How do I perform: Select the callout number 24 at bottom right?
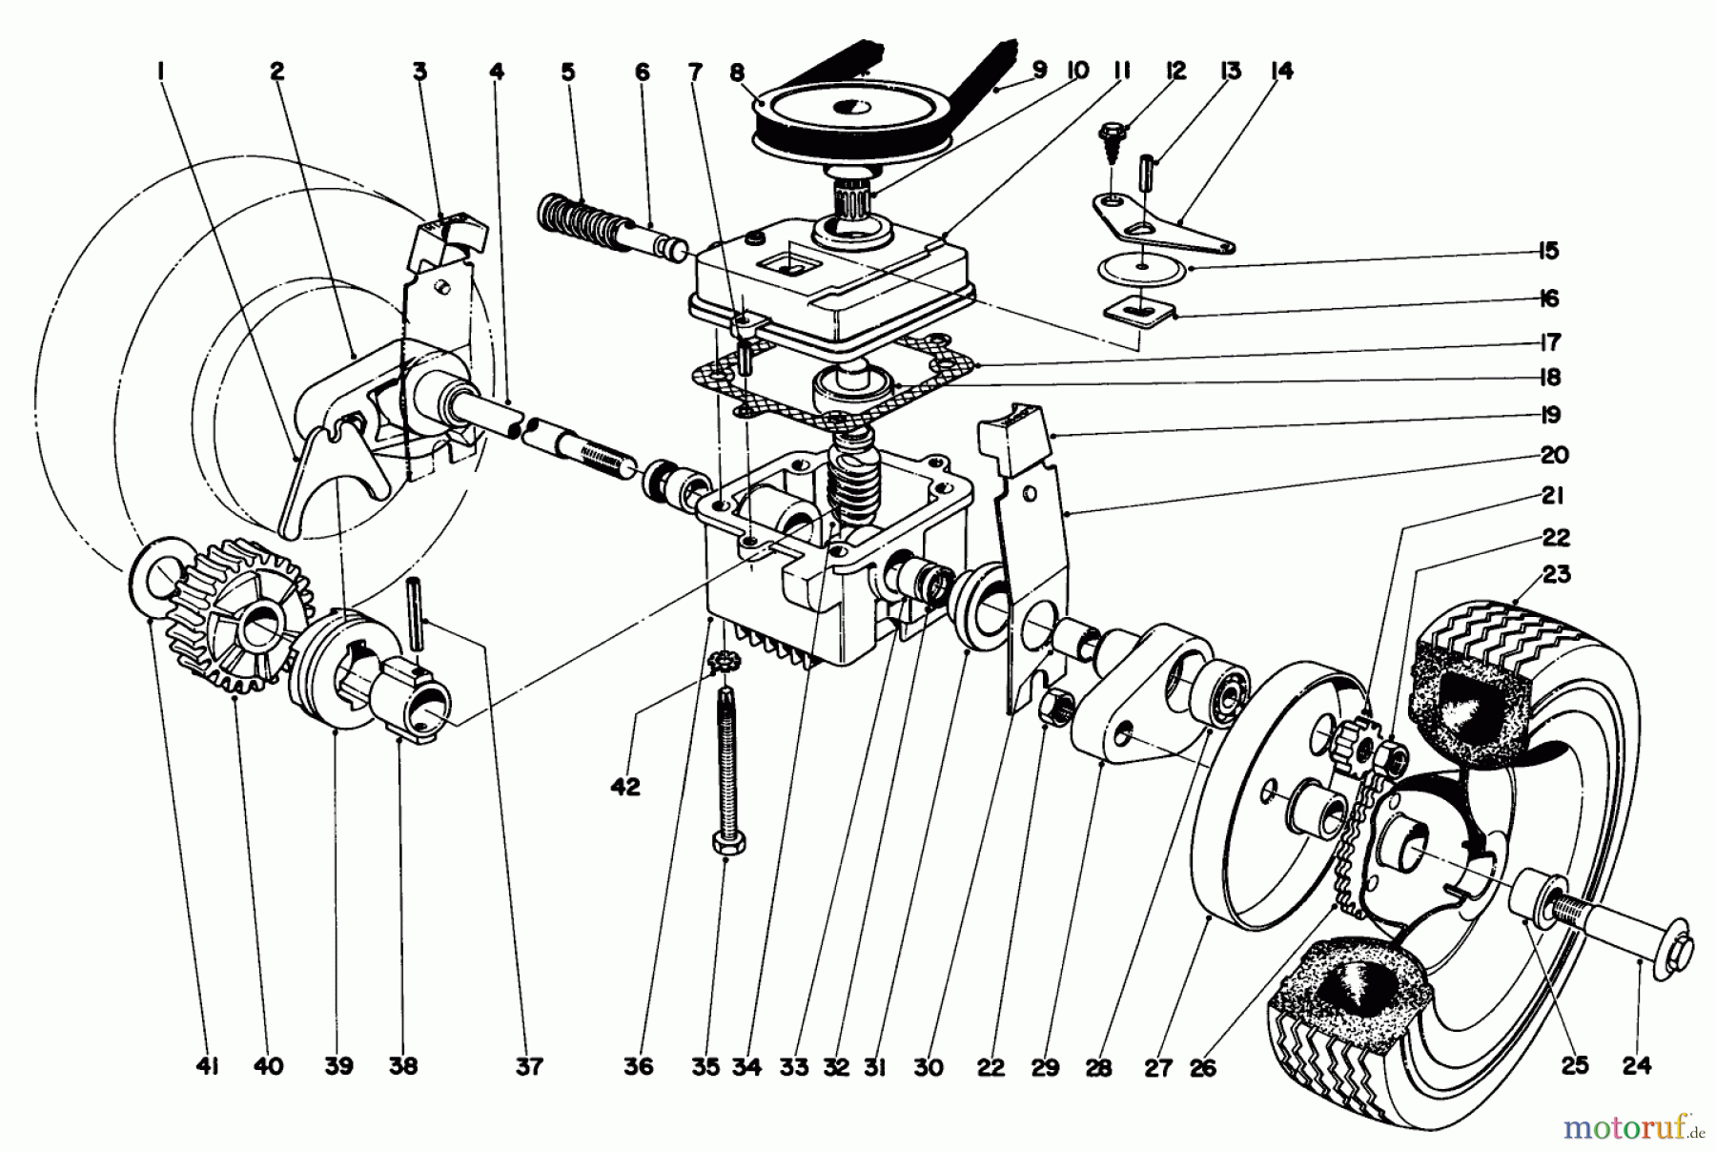[1636, 1066]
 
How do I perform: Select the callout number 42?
[626, 787]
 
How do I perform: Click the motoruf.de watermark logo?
[1633, 1129]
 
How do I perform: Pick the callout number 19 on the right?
[1550, 415]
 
